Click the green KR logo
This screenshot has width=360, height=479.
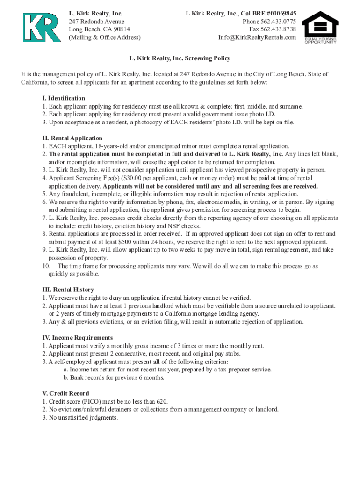(x=42, y=27)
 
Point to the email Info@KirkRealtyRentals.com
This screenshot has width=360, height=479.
(x=257, y=37)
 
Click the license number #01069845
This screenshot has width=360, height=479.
(x=275, y=14)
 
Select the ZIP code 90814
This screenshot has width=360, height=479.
(x=119, y=29)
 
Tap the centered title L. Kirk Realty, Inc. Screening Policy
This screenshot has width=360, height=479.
(x=180, y=58)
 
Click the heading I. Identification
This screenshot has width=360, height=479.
(x=64, y=98)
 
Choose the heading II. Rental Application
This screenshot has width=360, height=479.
(x=72, y=138)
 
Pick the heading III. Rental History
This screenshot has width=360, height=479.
(x=68, y=290)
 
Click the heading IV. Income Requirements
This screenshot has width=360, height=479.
(x=77, y=338)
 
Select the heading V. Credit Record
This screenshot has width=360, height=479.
(x=65, y=393)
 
